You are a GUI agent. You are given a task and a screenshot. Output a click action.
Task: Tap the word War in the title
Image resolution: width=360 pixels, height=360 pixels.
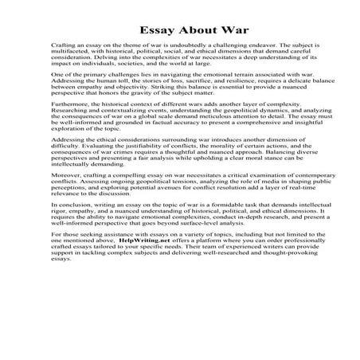coord(217,25)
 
